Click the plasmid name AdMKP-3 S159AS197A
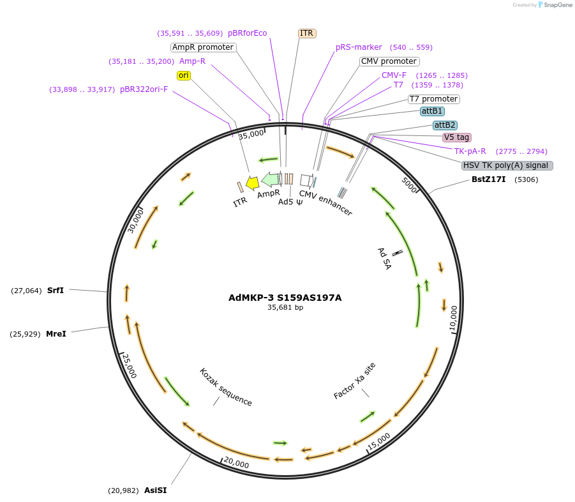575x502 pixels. point(285,298)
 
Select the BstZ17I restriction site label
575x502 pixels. point(488,179)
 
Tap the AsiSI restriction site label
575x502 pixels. point(155,491)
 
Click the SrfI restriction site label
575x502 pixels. point(56,291)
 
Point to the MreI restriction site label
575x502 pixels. point(56,334)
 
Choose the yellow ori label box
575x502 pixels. point(184,75)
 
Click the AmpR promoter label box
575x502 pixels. point(204,47)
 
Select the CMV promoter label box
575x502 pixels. point(389,61)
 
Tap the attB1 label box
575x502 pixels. point(432,111)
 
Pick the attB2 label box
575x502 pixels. point(445,125)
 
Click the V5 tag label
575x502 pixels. point(457,137)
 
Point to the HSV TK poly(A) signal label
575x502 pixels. point(507,165)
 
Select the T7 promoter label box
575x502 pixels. point(433,99)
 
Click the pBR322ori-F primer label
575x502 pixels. point(144,89)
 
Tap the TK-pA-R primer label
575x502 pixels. point(470,151)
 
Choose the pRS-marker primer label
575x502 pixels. point(359,47)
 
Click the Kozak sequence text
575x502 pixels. point(226,387)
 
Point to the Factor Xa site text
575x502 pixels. point(355,381)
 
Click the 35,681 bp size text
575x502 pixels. point(285,308)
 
